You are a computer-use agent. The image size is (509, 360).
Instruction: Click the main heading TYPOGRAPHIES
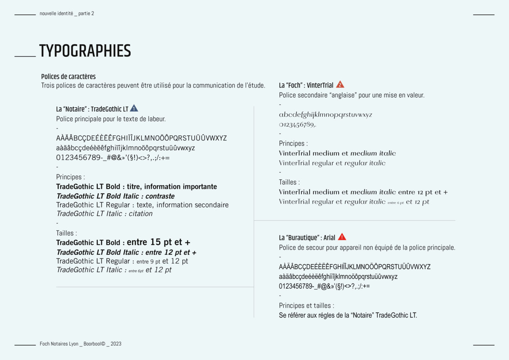point(85,51)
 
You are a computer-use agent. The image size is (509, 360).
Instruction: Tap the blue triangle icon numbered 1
point(134,108)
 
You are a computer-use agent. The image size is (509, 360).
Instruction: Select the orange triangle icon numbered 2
point(340,85)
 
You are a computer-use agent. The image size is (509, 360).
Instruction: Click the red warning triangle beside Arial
point(342,237)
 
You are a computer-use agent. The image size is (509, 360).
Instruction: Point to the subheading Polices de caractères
point(68,76)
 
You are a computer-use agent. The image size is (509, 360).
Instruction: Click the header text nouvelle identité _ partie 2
point(67,14)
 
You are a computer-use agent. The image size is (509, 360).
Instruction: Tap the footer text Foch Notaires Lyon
point(59,344)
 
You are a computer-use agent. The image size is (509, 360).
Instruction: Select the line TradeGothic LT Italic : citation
point(104,213)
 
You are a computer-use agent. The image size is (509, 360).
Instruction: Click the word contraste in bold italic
point(160,196)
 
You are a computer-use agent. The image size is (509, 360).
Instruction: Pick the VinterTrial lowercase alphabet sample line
point(326,114)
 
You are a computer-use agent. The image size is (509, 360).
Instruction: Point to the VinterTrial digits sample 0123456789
point(297,125)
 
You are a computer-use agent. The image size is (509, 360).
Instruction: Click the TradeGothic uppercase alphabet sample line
point(141,138)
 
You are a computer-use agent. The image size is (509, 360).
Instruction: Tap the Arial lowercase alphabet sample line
point(338,276)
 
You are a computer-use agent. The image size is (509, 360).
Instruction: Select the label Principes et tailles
point(306,305)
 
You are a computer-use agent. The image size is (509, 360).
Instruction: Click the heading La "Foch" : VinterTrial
point(306,85)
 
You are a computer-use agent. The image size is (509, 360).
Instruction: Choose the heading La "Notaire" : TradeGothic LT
point(92,109)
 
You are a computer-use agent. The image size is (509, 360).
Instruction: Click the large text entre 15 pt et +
point(158,242)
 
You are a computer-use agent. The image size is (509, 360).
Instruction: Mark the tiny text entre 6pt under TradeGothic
point(136,271)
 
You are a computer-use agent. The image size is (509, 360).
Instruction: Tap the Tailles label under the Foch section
point(289,182)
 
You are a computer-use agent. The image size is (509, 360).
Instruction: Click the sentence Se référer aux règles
point(348,315)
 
